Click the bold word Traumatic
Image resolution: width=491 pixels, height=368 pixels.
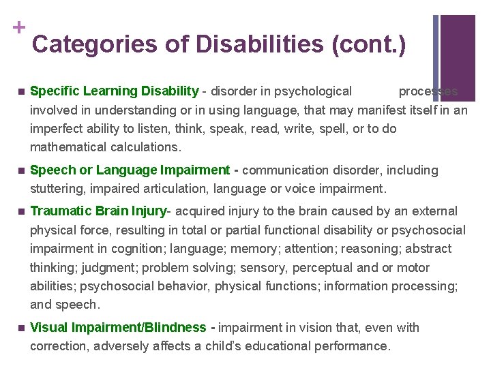point(61,211)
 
